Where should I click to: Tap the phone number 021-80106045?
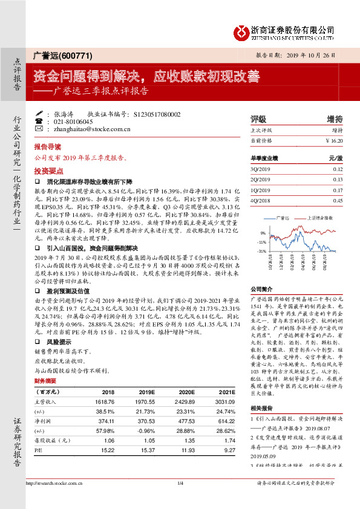[73, 122]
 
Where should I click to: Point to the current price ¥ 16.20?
[333, 140]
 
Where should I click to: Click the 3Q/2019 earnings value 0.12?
[338, 169]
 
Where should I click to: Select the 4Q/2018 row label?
[259, 200]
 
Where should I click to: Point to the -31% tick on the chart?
[261, 250]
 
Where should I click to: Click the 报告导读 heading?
[48, 147]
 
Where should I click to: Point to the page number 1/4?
[180, 500]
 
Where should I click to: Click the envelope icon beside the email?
[39, 129]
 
